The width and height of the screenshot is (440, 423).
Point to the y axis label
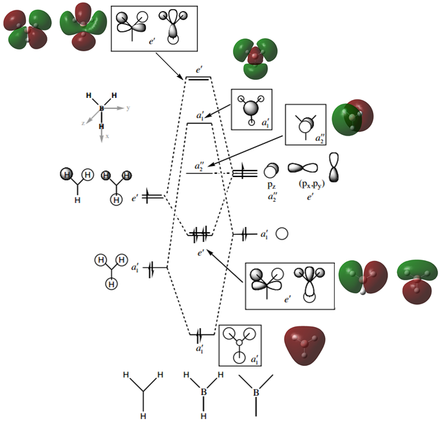pos(128,108)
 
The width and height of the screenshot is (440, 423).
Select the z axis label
pos(83,122)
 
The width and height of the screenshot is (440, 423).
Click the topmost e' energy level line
pos(198,79)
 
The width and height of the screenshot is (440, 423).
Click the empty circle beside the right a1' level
pos(282,234)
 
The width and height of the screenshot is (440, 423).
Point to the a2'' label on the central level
pos(200,166)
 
